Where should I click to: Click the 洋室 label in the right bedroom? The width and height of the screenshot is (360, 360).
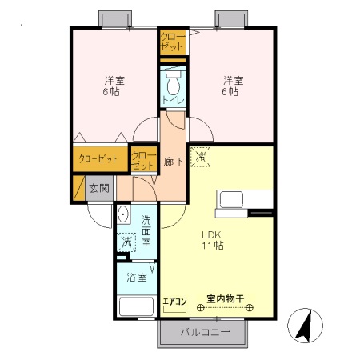coord(232,80)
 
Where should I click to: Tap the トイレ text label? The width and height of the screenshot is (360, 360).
coord(173,100)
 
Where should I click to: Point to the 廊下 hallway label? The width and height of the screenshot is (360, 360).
coord(173,161)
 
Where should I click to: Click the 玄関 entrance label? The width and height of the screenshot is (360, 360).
coord(99,189)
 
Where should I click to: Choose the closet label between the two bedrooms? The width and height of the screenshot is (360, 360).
coord(173,42)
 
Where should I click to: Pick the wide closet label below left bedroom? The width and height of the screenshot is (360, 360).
coord(98,158)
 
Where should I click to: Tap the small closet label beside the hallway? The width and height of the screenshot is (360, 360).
coord(143,160)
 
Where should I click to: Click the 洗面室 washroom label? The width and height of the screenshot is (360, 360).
coord(146,230)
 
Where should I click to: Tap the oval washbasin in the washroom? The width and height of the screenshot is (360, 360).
coord(124,215)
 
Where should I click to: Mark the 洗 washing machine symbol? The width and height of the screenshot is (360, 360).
coord(126,242)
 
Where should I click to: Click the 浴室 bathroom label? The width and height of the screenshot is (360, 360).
coord(137,278)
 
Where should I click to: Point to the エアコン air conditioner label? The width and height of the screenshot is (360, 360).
coord(174,302)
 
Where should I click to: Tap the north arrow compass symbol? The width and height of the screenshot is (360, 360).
coord(306,324)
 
